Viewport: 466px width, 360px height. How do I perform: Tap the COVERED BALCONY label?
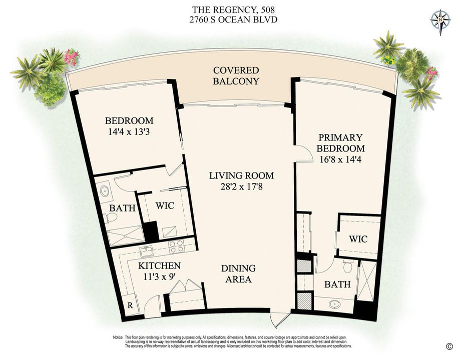(x=236, y=76)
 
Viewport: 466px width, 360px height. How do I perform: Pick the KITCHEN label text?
(x=160, y=266)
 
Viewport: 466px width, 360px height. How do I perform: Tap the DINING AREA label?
(x=238, y=274)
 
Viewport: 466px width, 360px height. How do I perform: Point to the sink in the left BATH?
(x=105, y=192)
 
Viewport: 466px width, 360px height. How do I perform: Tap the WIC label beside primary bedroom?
(x=358, y=239)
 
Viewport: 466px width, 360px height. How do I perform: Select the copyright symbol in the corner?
(x=449, y=346)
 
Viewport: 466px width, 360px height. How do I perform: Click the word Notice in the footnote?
(x=119, y=338)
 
